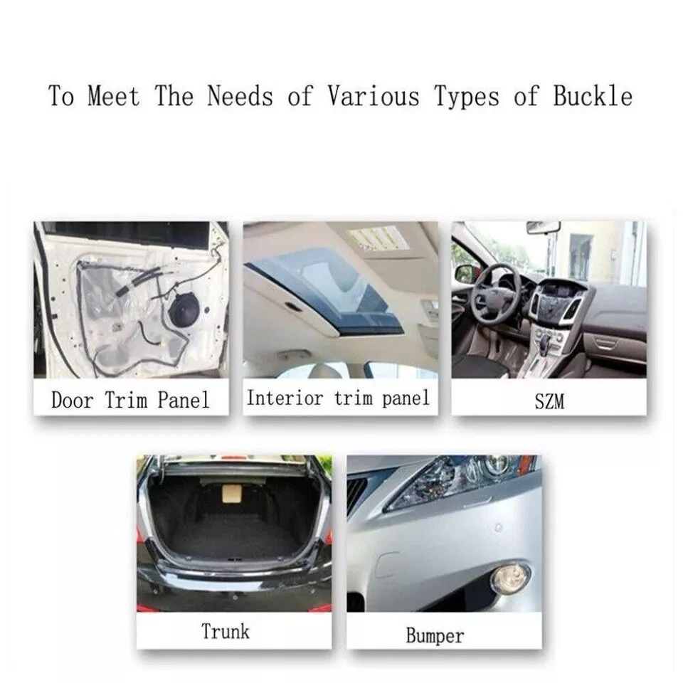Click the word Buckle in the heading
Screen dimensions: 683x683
(593, 96)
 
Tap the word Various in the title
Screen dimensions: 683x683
(373, 96)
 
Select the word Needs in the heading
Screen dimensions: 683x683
(240, 96)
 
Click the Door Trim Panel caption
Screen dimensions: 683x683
(130, 399)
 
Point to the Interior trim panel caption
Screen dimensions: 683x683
(339, 398)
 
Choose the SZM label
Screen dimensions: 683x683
(549, 401)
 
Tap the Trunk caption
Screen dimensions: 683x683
(226, 631)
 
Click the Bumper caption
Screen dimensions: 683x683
(435, 635)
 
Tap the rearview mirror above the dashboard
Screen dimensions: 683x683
(543, 227)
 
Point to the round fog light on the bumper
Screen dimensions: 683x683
(510, 579)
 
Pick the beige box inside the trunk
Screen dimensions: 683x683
(233, 494)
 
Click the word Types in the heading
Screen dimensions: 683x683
(467, 97)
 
